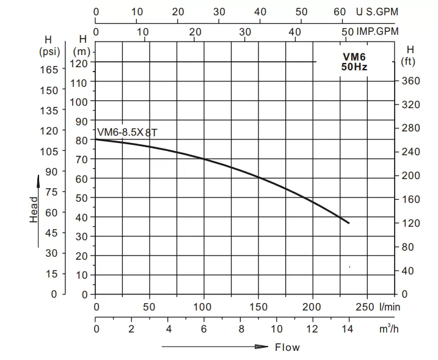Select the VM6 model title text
coord(354,56)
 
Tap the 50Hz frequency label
coord(354,67)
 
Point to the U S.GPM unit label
coord(377,12)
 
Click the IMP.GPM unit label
coord(378,31)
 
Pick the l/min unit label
coord(389,307)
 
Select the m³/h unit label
coord(385,329)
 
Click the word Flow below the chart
coord(287,347)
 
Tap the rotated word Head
coord(34,209)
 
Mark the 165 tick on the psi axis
coord(49,70)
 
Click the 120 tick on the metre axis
coord(81,62)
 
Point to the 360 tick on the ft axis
coord(411,81)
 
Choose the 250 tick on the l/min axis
coord(365,307)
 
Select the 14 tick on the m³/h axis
coord(349,329)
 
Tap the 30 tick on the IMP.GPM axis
coord(246,31)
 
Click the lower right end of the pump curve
coord(349,223)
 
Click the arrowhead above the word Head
coord(38,179)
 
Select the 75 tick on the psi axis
coord(52,192)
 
